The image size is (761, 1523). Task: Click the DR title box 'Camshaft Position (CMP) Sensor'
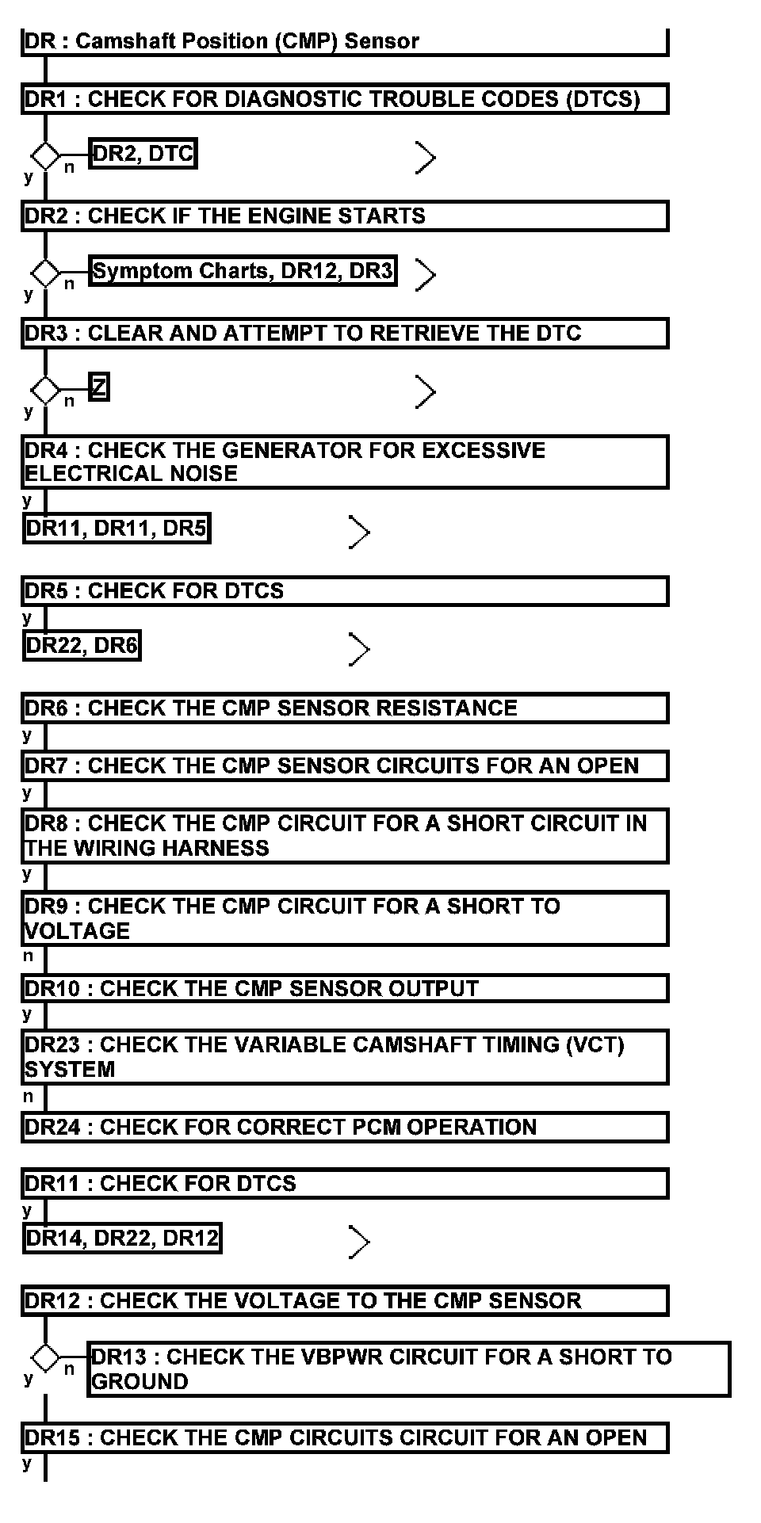pyautogui.click(x=344, y=41)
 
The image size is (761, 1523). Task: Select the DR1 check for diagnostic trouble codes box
pyautogui.click(x=344, y=99)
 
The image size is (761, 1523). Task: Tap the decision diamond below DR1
pyautogui.click(x=45, y=155)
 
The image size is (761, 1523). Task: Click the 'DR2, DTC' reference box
pyautogui.click(x=143, y=154)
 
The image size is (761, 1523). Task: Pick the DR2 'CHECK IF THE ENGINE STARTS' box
pyautogui.click(x=344, y=216)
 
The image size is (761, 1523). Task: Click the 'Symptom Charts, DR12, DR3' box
pyautogui.click(x=243, y=271)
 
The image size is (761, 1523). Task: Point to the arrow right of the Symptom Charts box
pyautogui.click(x=426, y=275)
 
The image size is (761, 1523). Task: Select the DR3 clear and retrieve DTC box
pyautogui.click(x=344, y=333)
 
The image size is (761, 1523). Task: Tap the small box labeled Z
pyautogui.click(x=98, y=387)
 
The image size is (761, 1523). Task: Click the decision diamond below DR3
pyautogui.click(x=45, y=390)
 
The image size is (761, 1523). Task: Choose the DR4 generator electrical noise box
pyautogui.click(x=344, y=461)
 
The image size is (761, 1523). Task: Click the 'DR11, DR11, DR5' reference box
pyautogui.click(x=117, y=529)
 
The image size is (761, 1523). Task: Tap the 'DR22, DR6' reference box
pyautogui.click(x=82, y=646)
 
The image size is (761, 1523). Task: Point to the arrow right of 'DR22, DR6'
pyautogui.click(x=359, y=650)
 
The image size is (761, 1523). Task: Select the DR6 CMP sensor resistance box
pyautogui.click(x=344, y=708)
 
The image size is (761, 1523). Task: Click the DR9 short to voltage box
pyautogui.click(x=344, y=918)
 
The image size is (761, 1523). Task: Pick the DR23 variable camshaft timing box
pyautogui.click(x=344, y=1056)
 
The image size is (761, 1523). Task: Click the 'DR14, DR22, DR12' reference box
pyautogui.click(x=122, y=1238)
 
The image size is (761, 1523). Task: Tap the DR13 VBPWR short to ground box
pyautogui.click(x=408, y=1368)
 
